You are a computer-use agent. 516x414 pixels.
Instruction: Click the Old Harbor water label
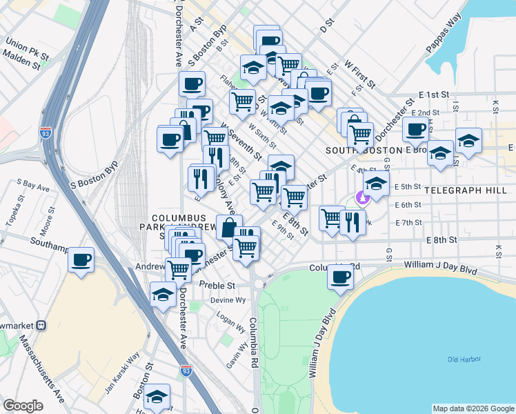pyautogui.click(x=463, y=359)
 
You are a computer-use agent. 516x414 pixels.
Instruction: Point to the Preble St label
pyautogui.click(x=217, y=285)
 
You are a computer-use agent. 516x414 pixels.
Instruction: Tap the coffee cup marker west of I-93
pyautogui.click(x=81, y=260)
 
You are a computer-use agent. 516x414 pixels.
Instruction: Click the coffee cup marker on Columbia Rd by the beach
pyautogui.click(x=340, y=277)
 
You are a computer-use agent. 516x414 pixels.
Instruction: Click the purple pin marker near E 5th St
pyautogui.click(x=362, y=198)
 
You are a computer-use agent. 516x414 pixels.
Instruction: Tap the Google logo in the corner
pyautogui.click(x=23, y=406)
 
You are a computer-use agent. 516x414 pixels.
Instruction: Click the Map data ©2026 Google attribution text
pyautogui.click(x=473, y=408)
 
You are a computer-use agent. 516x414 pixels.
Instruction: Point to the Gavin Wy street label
pyautogui.click(x=235, y=355)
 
